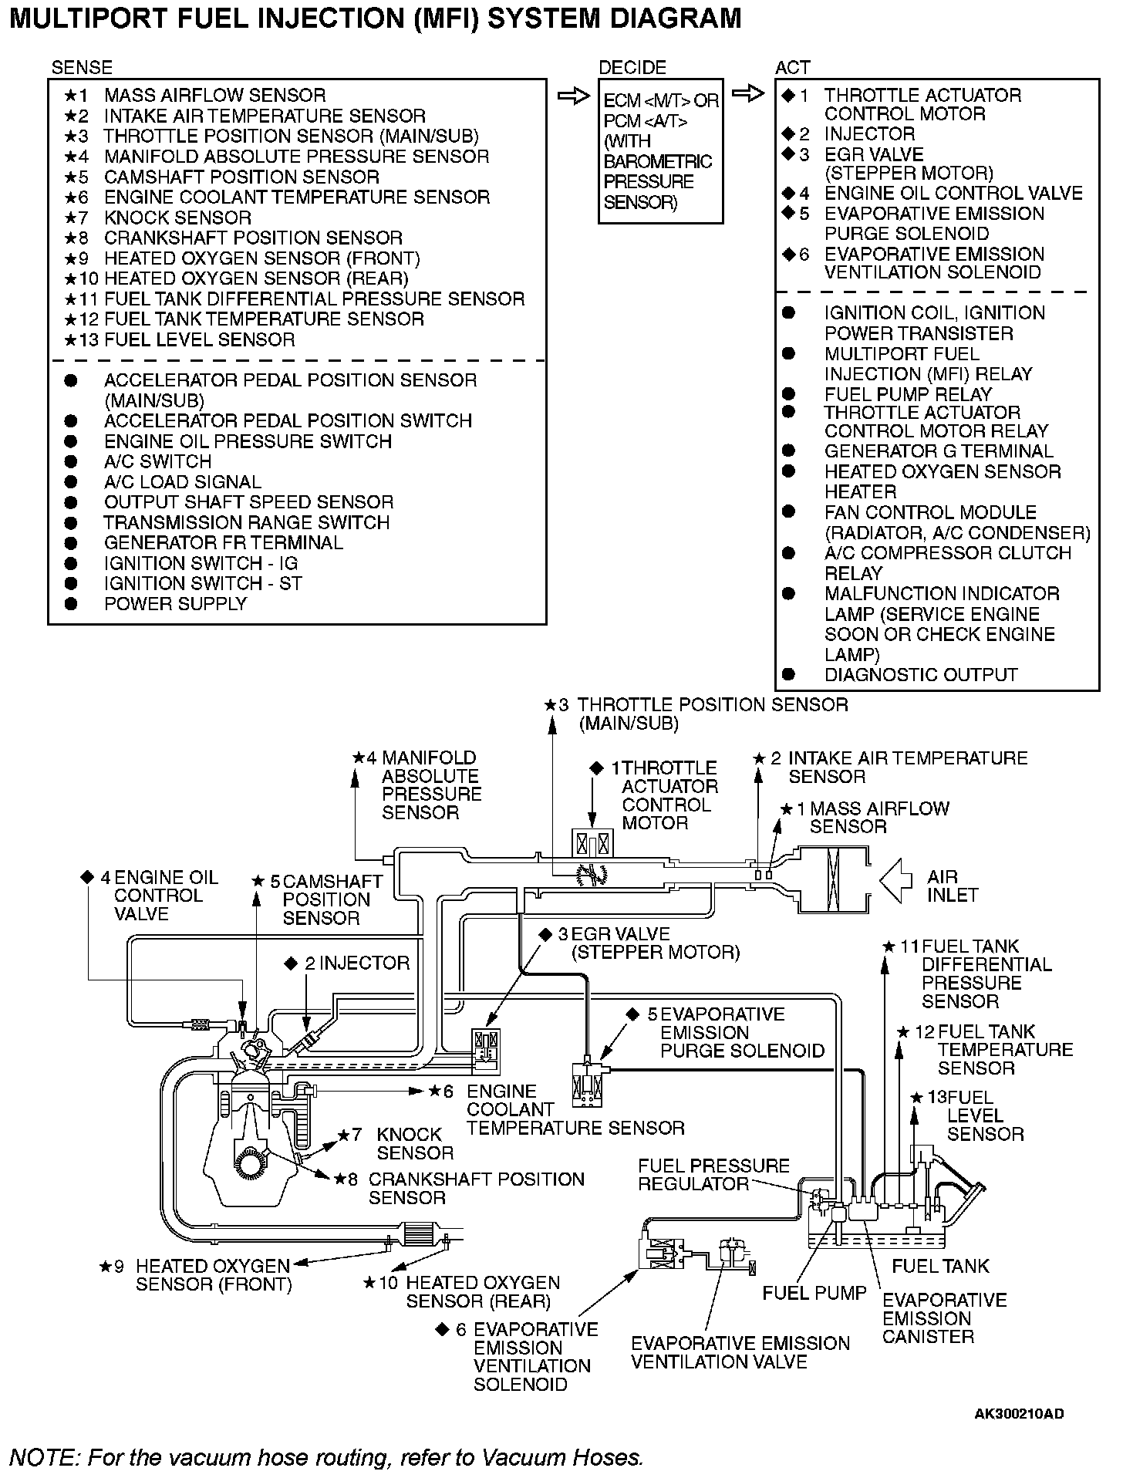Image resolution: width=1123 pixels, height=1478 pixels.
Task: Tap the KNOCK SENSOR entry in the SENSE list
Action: pos(177,218)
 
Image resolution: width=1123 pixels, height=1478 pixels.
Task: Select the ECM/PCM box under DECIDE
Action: pos(660,151)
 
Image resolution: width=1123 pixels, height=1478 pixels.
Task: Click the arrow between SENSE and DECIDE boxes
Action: pos(572,96)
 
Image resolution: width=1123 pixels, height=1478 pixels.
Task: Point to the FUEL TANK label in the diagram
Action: pos(939,1266)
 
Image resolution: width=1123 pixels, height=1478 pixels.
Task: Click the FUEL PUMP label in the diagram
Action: pos(814,1292)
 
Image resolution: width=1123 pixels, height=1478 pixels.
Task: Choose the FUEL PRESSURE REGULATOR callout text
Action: pos(713,1175)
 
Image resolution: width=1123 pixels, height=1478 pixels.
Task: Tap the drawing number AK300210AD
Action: pos(1019,1413)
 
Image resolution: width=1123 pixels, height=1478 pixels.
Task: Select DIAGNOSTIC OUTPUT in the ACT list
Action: pos(921,675)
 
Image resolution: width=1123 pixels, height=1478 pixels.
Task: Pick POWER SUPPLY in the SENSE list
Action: pos(175,604)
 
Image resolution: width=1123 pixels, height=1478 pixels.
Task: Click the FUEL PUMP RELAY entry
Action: pos(908,394)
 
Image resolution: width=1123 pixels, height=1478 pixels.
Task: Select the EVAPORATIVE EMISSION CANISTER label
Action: pos(944,1318)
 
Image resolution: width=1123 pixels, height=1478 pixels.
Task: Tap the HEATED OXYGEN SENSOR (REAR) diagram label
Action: pos(482,1292)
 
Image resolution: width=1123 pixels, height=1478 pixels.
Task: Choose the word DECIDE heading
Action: pos(632,68)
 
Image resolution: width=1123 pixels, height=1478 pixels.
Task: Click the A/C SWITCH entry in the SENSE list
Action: pos(157,461)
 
